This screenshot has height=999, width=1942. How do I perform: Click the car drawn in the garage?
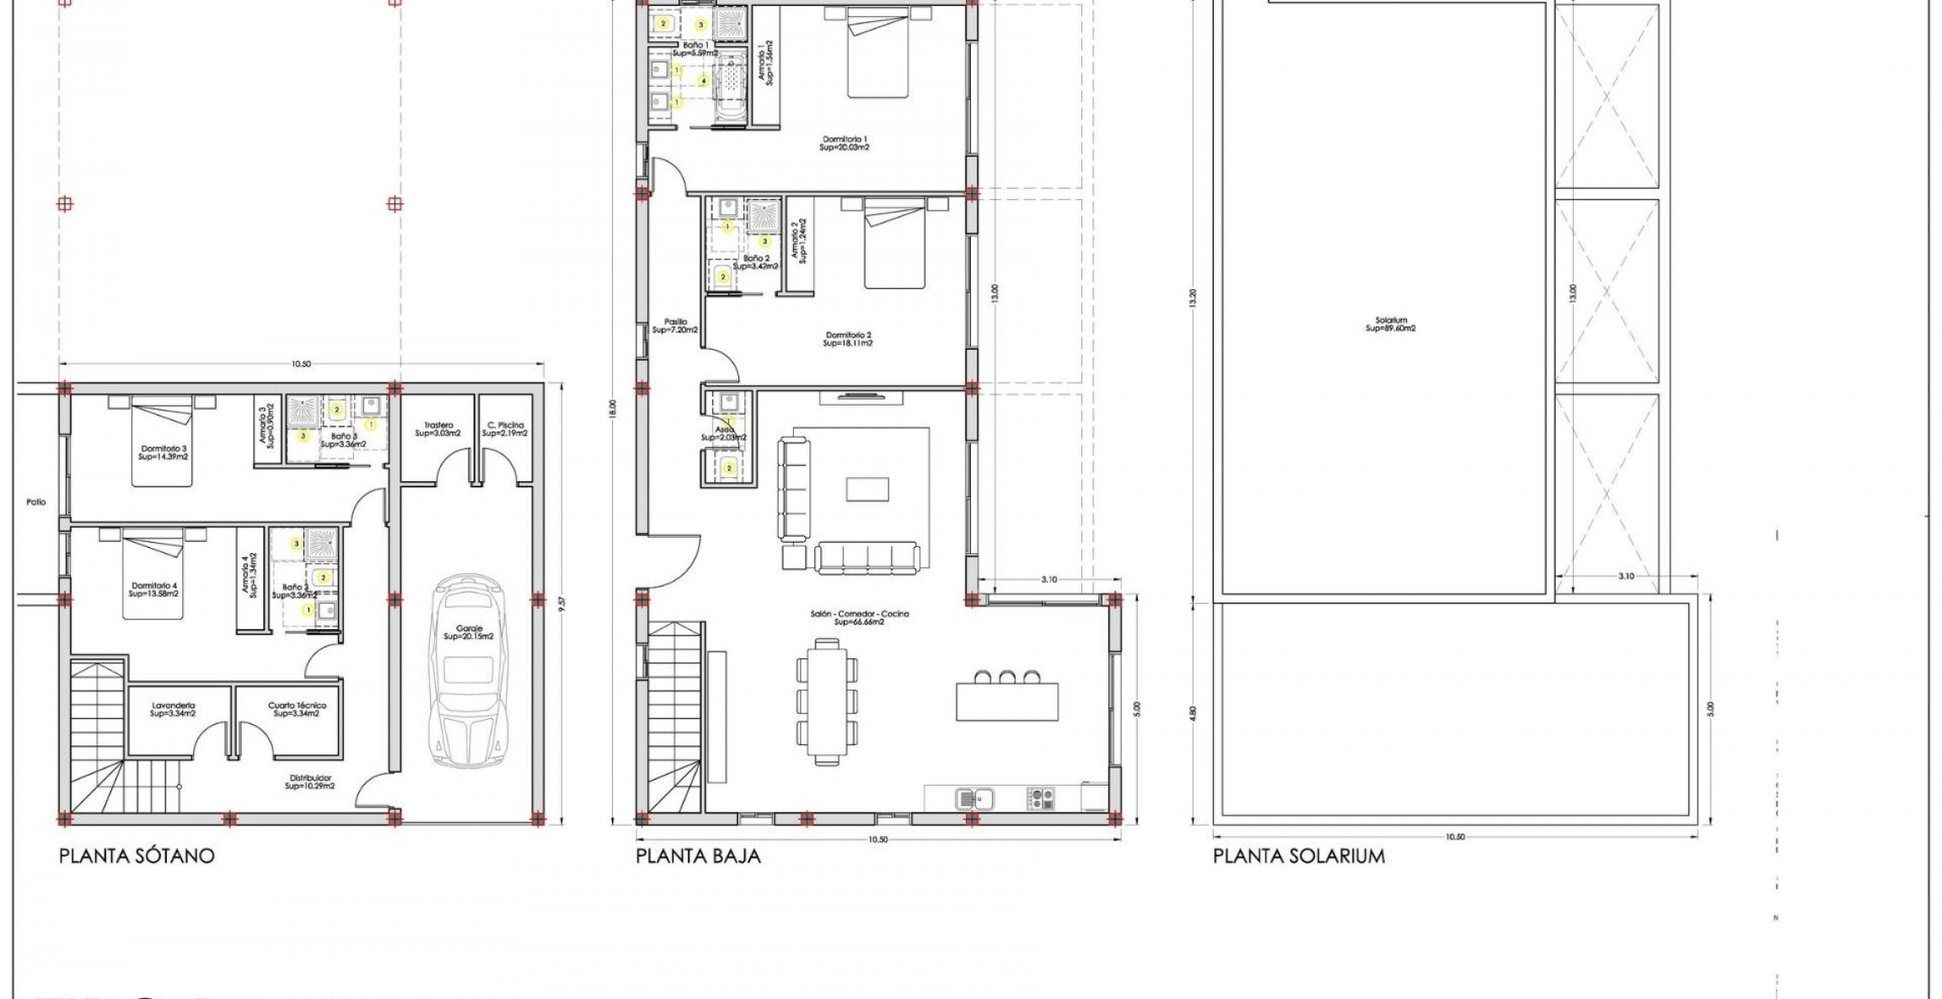[x=469, y=671]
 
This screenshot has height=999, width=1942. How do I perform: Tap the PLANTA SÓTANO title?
[x=137, y=856]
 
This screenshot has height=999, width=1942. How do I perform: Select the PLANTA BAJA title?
[x=698, y=856]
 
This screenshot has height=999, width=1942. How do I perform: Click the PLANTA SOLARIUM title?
[x=1298, y=856]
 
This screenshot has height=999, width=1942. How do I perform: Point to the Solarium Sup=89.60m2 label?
[x=1391, y=325]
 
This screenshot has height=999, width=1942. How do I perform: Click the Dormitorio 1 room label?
[x=845, y=142]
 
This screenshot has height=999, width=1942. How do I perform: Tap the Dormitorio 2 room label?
[x=849, y=339]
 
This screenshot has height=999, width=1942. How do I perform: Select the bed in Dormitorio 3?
[x=162, y=442]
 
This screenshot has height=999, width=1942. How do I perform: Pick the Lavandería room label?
[x=174, y=709]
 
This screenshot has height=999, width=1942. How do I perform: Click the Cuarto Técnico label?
[x=297, y=709]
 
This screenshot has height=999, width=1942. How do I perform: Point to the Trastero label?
[x=438, y=429]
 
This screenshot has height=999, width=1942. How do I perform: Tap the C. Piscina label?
[x=505, y=429]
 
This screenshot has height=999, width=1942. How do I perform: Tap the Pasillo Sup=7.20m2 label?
[x=675, y=325]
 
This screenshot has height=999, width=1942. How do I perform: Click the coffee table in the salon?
[x=867, y=489]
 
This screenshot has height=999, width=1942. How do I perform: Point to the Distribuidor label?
[x=310, y=781]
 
